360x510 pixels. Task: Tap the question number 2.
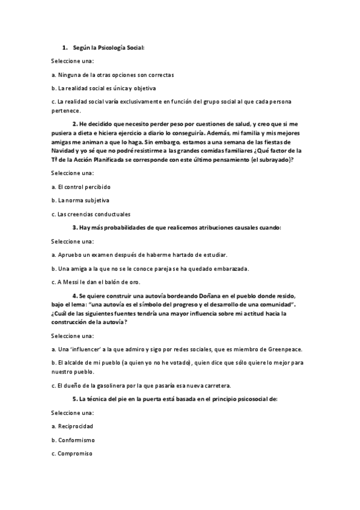[75, 124]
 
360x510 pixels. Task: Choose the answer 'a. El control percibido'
[81, 186]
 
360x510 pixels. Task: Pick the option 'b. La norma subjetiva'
[80, 200]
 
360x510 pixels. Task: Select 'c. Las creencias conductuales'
[91, 214]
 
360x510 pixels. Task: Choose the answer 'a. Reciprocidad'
[72, 426]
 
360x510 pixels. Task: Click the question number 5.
[75, 399]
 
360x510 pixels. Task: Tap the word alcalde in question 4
[72, 363]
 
